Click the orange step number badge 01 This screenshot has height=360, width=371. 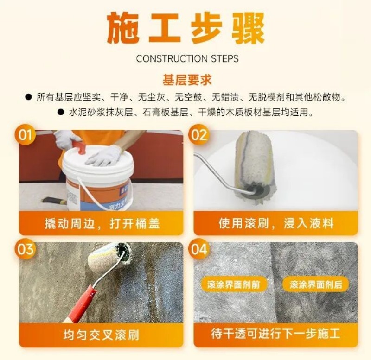[x=25, y=135]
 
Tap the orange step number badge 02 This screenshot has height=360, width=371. [x=198, y=135]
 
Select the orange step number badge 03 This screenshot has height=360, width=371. [x=25, y=249]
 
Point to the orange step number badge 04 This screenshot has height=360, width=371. [x=199, y=249]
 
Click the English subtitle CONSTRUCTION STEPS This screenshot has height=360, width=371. [x=187, y=59]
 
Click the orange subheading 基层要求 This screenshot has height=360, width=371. [x=187, y=80]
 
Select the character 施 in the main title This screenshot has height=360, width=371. [x=123, y=28]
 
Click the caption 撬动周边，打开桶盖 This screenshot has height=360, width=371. [x=102, y=223]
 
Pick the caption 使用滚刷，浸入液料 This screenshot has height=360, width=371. [x=276, y=223]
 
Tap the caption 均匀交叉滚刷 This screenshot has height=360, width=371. [x=101, y=335]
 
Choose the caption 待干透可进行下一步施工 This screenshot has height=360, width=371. [x=275, y=334]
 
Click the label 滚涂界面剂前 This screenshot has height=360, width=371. [x=234, y=284]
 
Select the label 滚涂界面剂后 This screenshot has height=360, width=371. [x=316, y=284]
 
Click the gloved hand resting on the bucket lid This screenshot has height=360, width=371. [x=103, y=156]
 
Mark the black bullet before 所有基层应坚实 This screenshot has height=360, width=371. [x=28, y=97]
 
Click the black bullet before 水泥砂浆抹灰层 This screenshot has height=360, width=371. [x=61, y=112]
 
